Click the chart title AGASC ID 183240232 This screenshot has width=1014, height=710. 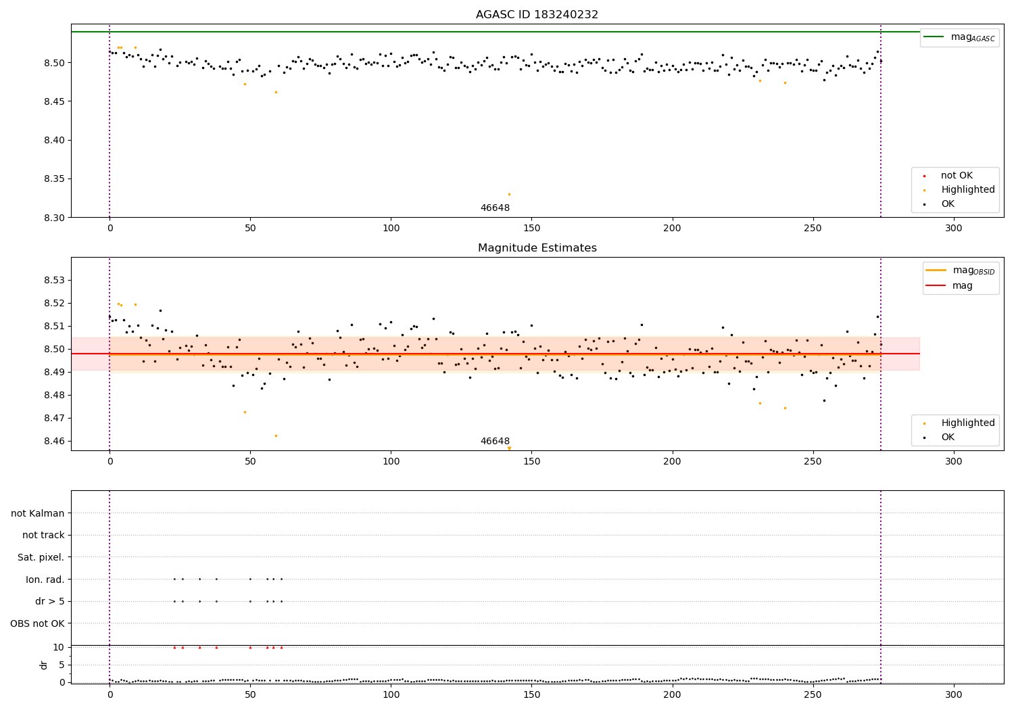[x=537, y=15]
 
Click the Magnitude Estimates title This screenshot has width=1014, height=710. [x=537, y=248]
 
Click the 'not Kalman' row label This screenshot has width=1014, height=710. [x=38, y=513]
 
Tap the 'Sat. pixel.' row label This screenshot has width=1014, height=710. [x=41, y=557]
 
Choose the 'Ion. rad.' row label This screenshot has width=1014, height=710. [x=45, y=579]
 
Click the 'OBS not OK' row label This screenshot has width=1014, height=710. [x=37, y=623]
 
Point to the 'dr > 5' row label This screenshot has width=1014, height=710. [x=49, y=601]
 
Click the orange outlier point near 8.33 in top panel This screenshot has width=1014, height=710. [x=509, y=194]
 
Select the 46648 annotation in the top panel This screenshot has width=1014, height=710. [x=495, y=208]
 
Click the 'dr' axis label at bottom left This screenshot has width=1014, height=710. [x=44, y=665]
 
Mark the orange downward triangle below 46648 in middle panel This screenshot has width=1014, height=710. [x=509, y=448]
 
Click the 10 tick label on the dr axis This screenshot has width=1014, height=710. [x=58, y=647]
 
